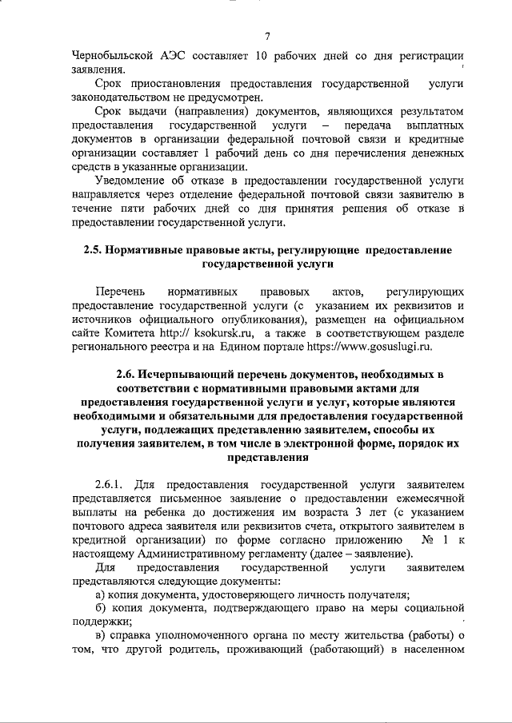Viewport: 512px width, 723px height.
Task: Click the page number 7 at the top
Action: [x=268, y=36]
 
